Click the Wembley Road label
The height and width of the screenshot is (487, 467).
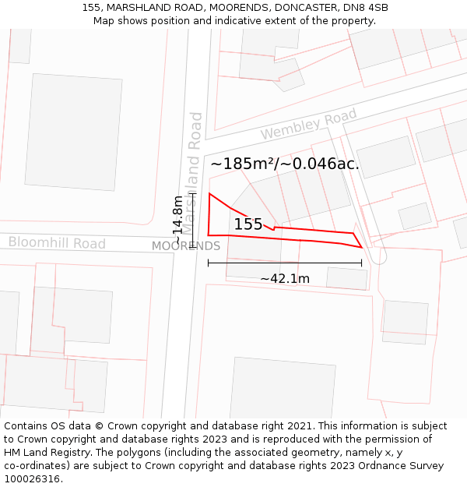308,125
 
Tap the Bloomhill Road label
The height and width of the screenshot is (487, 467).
57,243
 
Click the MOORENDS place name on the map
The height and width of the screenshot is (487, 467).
185,246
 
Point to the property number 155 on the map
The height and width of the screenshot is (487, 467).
248,224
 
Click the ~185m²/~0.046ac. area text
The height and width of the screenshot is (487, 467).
285,164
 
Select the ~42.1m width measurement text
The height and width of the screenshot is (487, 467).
285,279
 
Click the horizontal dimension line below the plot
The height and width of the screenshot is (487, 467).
285,263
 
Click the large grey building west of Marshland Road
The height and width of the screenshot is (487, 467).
74,132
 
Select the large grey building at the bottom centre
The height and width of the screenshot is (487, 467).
282,389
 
